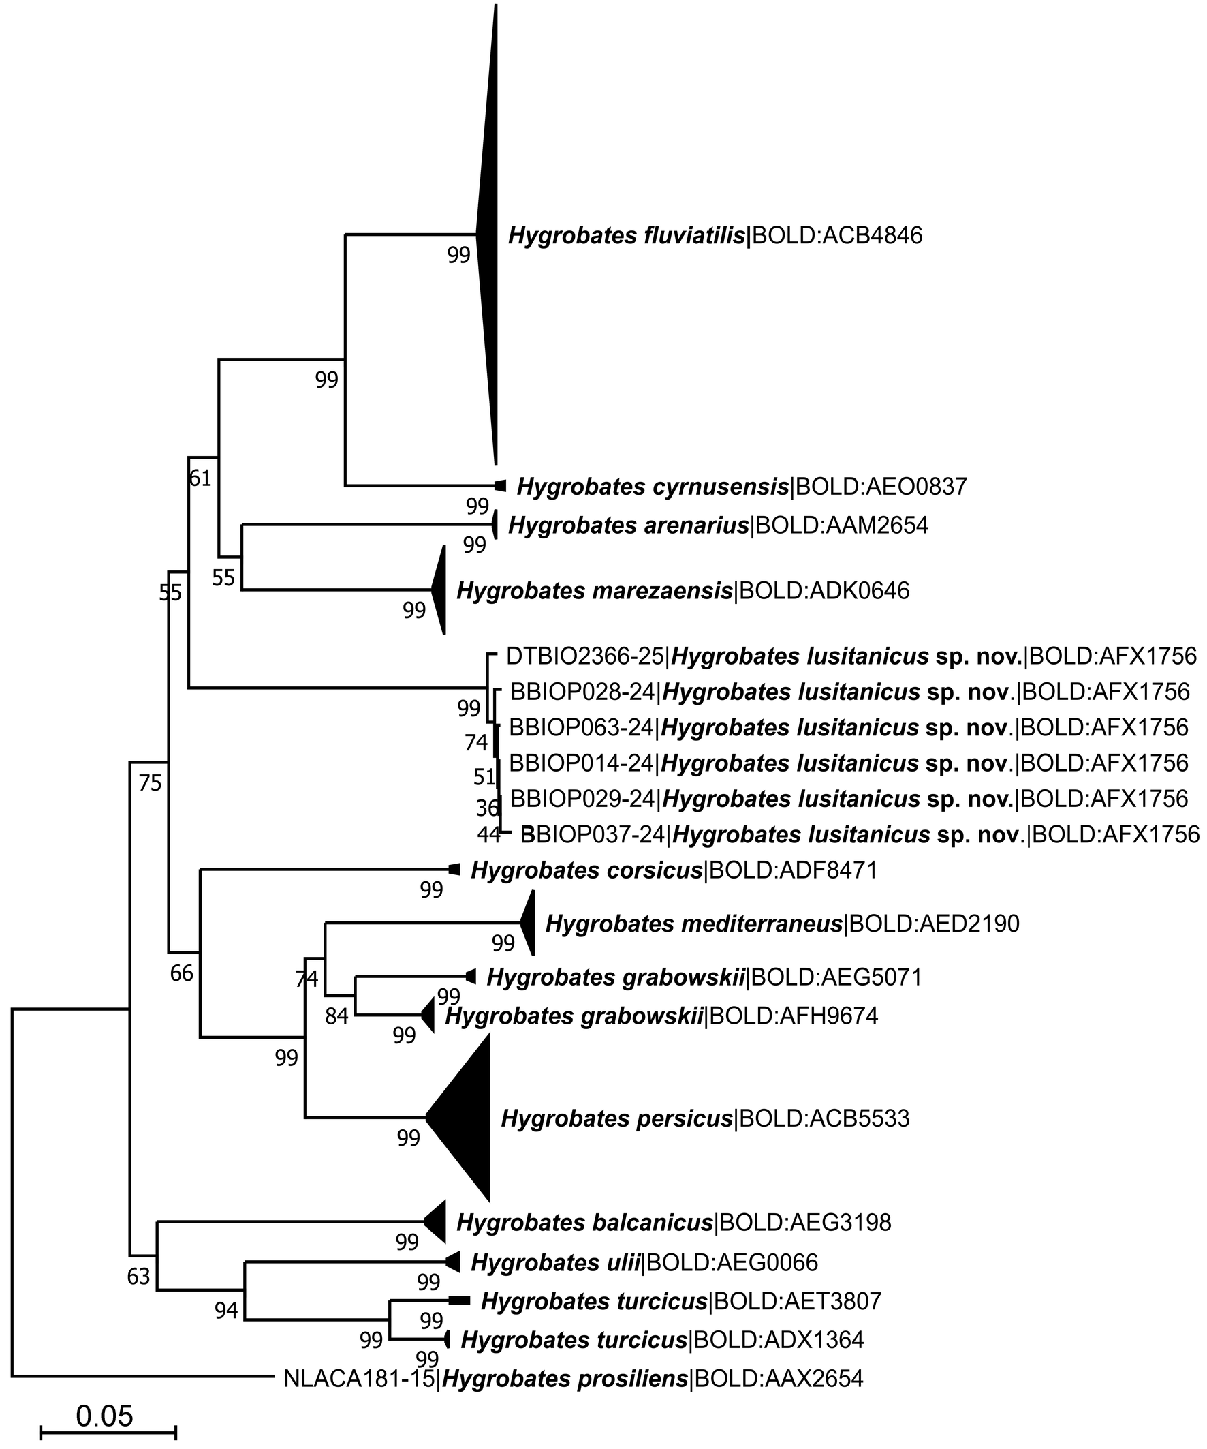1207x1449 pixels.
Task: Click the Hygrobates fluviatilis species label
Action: point(715,236)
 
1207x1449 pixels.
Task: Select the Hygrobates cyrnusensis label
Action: point(742,487)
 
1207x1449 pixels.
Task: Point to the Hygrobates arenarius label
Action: point(717,525)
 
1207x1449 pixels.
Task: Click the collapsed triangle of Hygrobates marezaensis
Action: point(439,590)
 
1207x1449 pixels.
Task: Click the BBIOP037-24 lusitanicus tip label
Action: point(860,834)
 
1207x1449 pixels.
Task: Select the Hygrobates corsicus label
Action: point(673,870)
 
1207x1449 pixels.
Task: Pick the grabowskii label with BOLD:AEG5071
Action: point(704,977)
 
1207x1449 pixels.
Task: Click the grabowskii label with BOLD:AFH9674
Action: point(661,1016)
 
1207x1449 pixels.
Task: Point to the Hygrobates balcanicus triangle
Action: point(436,1222)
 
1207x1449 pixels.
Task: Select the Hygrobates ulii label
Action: point(644,1262)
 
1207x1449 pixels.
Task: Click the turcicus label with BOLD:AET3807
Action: point(680,1301)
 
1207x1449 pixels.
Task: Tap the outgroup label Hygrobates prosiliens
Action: point(573,1379)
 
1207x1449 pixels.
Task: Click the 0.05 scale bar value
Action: point(104,1416)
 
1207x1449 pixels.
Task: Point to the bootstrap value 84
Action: point(336,1017)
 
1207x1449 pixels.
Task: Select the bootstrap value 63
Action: point(139,1277)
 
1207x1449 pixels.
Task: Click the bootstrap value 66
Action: point(182,973)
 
